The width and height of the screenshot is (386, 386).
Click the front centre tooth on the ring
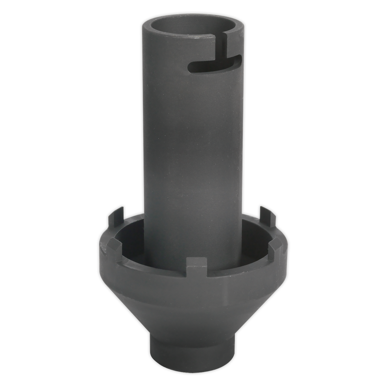tap(197, 267)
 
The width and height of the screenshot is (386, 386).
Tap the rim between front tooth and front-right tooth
tap(241, 266)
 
